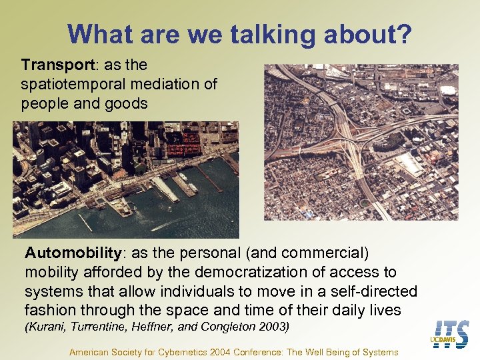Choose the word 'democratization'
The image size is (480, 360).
pyautogui.click(x=243, y=273)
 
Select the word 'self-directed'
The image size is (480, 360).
pyautogui.click(x=376, y=291)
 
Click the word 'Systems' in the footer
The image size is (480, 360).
pyautogui.click(x=380, y=352)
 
